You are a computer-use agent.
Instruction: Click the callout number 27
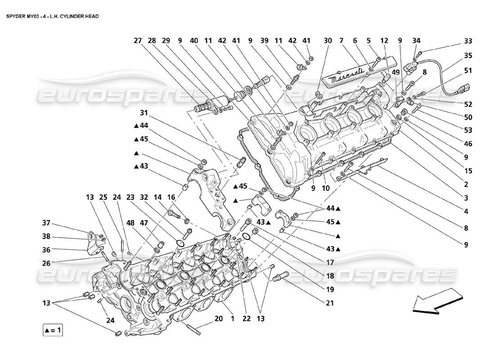click(138, 40)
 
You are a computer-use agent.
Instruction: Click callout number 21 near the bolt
click(330, 303)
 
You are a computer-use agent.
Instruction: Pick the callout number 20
click(219, 319)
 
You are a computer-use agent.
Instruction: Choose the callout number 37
click(46, 223)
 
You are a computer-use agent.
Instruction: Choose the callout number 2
click(466, 184)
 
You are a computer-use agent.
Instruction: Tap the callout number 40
click(194, 40)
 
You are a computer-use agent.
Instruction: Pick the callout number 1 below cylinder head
click(233, 319)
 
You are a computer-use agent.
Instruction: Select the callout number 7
click(342, 40)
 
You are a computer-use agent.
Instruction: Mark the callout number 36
click(46, 249)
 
